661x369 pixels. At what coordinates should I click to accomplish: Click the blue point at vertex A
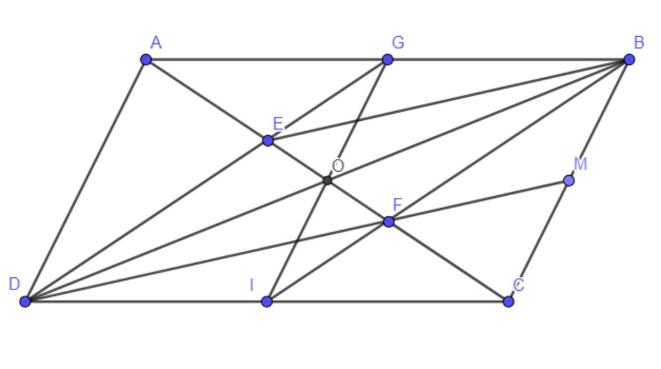tap(146, 59)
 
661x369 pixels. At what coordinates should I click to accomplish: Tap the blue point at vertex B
tap(629, 59)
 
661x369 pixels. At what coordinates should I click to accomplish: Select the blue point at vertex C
tap(509, 301)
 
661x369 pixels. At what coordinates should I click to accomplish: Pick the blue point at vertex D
tap(25, 301)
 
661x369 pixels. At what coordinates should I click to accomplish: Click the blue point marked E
tap(268, 141)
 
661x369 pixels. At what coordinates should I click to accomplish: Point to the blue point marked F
tap(389, 222)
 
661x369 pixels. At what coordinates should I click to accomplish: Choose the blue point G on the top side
tap(387, 59)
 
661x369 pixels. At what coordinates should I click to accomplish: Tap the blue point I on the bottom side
tap(267, 301)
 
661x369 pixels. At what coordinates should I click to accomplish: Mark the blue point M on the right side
tap(569, 181)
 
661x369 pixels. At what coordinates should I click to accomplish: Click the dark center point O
tap(327, 181)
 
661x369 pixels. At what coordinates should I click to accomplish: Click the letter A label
tap(156, 43)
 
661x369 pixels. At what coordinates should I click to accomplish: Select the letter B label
tap(639, 43)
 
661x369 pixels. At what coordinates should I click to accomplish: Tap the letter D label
tap(14, 284)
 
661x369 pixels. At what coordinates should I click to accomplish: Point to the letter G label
tap(398, 42)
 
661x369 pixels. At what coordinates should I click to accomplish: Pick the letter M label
tap(580, 163)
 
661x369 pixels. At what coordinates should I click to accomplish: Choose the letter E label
tap(278, 123)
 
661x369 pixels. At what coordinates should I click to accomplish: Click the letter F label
tap(398, 205)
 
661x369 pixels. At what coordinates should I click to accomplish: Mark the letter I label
tap(252, 286)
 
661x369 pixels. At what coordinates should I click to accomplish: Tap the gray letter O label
tap(338, 166)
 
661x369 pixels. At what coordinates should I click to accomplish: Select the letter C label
tap(519, 285)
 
